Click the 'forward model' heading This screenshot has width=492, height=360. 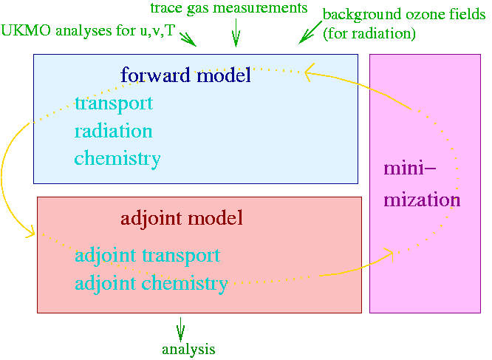(x=185, y=75)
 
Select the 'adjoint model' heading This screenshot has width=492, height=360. (x=182, y=218)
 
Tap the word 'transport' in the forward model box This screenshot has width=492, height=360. (x=114, y=104)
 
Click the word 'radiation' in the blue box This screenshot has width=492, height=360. (x=113, y=131)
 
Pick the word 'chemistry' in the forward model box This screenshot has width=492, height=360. (x=117, y=158)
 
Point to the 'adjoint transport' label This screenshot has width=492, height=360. (x=148, y=256)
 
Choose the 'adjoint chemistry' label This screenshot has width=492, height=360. (x=151, y=283)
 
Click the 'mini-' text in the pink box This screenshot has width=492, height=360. (x=410, y=168)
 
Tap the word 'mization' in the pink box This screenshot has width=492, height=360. (x=422, y=200)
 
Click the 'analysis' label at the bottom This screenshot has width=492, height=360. (x=188, y=350)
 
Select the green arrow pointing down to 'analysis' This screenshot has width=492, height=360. (x=180, y=329)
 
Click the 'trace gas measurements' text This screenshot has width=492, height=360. (x=229, y=8)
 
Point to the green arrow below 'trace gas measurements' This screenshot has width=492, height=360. (x=236, y=33)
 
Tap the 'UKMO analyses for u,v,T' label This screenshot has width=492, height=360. (x=88, y=31)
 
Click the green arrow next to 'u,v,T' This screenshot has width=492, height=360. (x=188, y=39)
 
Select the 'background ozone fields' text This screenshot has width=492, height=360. (x=404, y=15)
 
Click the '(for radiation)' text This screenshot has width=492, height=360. (x=369, y=33)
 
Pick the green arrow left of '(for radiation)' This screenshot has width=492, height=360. (x=310, y=33)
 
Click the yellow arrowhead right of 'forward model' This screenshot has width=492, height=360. (x=310, y=72)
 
